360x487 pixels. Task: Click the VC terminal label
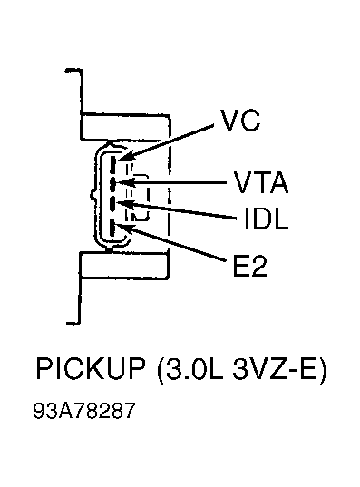(x=240, y=121)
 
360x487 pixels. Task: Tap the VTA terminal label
(x=261, y=182)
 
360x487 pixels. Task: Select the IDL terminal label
(x=267, y=219)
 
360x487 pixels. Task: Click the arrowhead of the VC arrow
(x=123, y=158)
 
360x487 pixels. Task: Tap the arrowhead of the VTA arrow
(x=122, y=182)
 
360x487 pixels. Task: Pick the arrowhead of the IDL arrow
(x=122, y=204)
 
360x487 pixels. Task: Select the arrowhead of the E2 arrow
(x=123, y=227)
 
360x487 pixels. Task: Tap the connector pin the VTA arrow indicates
(x=112, y=183)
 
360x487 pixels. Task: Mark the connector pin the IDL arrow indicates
(x=112, y=204)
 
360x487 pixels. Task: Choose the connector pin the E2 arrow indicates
(x=112, y=229)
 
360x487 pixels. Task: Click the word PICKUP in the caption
(x=91, y=369)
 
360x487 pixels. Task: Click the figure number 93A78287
(x=84, y=411)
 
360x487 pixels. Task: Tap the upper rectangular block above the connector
(x=125, y=128)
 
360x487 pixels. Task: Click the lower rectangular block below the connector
(x=124, y=265)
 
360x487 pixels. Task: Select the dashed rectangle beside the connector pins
(x=137, y=198)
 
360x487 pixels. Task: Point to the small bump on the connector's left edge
(x=92, y=195)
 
